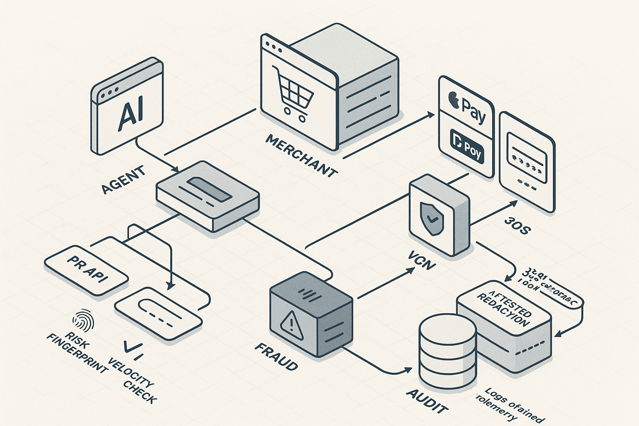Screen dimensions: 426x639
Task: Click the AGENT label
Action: tap(124, 180)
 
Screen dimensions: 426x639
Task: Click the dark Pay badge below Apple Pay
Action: tap(467, 145)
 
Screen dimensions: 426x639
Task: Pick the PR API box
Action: tap(87, 270)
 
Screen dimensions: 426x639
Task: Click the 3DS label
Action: tap(517, 225)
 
